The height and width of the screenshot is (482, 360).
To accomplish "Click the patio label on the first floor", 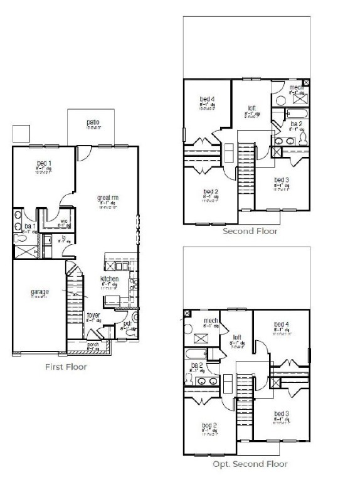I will [92, 122].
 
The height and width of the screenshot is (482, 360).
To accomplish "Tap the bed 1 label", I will [43, 163].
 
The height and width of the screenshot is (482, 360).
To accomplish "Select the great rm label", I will [108, 198].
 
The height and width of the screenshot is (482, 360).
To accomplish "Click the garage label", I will [40, 292].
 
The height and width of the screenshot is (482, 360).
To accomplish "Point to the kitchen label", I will [110, 279].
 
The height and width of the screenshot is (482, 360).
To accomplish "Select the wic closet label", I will [63, 220].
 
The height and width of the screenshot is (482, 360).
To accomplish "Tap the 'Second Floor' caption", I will [250, 231].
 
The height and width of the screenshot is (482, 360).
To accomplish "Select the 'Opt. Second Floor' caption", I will [250, 464].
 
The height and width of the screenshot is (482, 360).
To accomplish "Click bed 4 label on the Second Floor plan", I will [208, 99].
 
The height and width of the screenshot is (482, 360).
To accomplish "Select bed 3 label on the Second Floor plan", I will [282, 180].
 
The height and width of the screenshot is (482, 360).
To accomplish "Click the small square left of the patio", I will [21, 133].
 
